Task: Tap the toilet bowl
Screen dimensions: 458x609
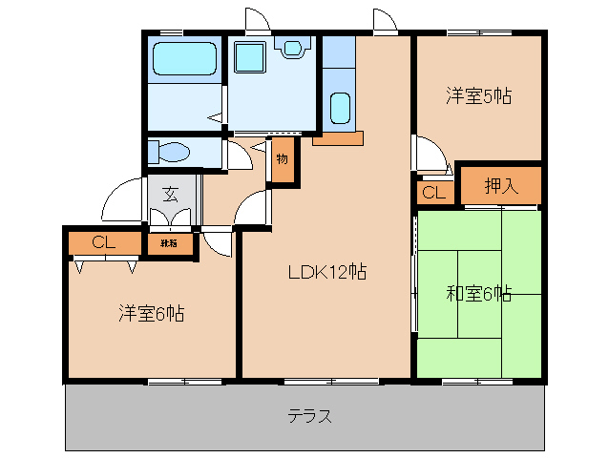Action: tap(172, 152)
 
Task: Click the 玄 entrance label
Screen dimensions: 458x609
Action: tap(170, 194)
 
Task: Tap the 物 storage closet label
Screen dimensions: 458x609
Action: tap(283, 158)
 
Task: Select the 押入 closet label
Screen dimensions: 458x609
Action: tap(500, 186)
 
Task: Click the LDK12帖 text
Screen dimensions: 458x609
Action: tap(327, 272)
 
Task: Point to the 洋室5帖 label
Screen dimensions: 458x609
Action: tap(478, 95)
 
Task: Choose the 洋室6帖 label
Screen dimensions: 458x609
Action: tap(151, 312)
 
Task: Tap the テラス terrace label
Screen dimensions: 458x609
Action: tap(310, 417)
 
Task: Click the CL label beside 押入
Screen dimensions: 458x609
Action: tap(433, 193)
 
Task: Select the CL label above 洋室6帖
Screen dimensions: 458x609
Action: tap(104, 242)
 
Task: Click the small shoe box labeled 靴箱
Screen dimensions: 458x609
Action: tap(168, 243)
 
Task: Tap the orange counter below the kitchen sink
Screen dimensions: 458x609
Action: tap(337, 138)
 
